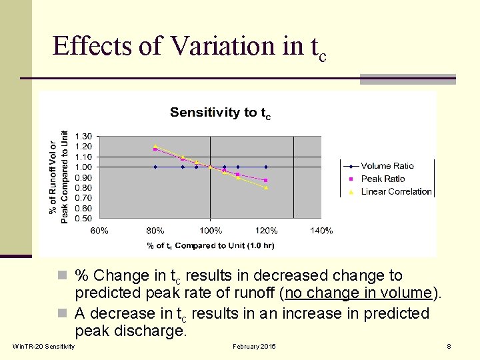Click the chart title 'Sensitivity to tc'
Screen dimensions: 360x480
[220, 113]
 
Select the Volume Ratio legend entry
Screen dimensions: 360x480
[387, 166]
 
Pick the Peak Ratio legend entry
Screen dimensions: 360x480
[383, 179]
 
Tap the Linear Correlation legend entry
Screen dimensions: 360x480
[396, 191]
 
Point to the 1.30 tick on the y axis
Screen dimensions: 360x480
[83, 136]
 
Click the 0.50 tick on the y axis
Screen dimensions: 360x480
[83, 218]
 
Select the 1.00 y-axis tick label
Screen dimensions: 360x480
[83, 167]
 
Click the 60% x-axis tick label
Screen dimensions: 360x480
[99, 231]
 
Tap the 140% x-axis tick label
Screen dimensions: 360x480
[321, 231]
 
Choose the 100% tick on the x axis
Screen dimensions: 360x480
[211, 231]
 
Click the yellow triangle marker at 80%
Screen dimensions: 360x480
[155, 146]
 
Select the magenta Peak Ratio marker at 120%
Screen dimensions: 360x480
[266, 180]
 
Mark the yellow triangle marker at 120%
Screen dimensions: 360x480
[266, 187]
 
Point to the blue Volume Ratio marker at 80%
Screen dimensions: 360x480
[155, 167]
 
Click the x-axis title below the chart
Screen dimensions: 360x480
[211, 245]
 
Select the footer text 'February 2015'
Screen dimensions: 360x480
[254, 347]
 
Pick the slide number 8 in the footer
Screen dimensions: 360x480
[449, 347]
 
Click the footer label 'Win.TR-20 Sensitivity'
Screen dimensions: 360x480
[44, 347]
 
